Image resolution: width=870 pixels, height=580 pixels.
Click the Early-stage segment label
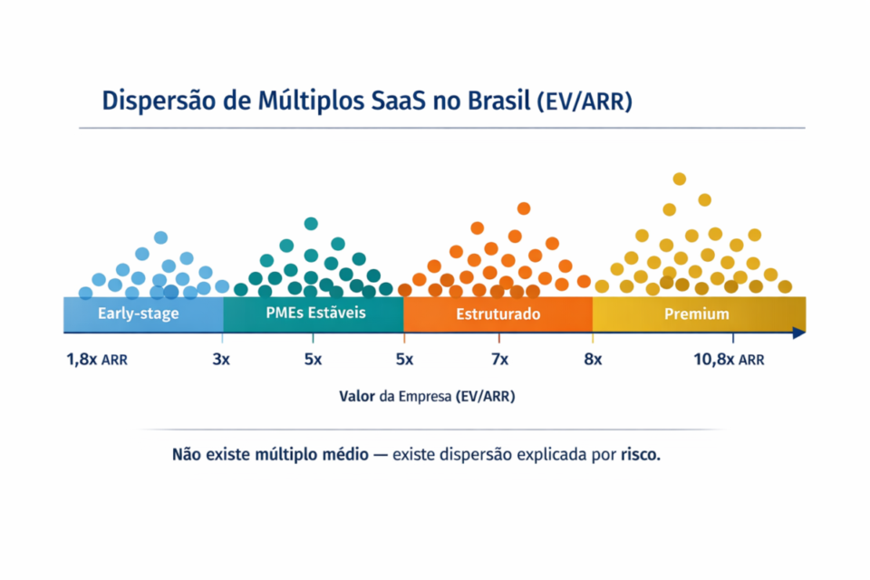click(139, 314)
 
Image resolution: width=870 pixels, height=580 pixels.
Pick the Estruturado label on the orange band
click(498, 314)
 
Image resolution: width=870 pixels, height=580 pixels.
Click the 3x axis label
click(221, 360)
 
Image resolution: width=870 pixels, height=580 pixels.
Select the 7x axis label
click(499, 360)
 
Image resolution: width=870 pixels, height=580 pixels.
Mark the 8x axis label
click(593, 360)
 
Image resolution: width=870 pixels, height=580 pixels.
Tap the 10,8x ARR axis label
click(729, 360)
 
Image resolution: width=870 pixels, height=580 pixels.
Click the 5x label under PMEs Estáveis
click(313, 360)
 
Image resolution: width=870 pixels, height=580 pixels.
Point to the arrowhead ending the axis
click(798, 333)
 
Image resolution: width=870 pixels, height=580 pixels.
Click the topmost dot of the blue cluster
click(160, 237)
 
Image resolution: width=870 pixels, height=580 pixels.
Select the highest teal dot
click(311, 223)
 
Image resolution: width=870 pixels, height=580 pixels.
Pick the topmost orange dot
click(523, 208)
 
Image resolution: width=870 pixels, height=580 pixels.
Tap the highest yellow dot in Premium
click(679, 179)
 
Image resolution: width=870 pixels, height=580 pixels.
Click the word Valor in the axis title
click(357, 396)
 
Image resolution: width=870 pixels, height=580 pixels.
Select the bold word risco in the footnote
click(640, 453)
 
